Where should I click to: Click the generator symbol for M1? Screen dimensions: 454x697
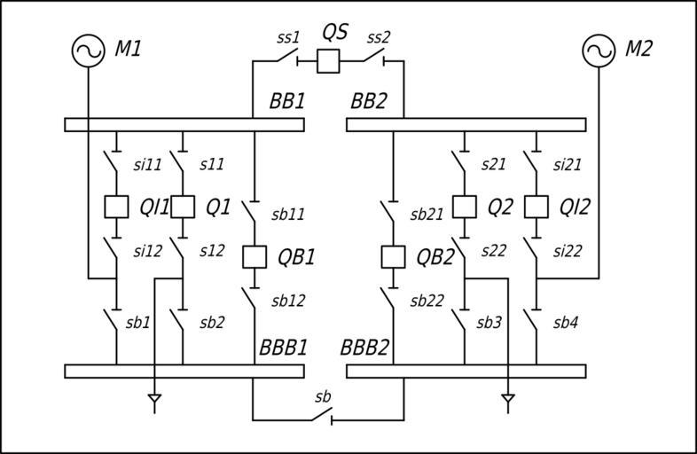(x=89, y=51)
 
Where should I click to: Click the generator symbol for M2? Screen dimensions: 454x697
(x=599, y=51)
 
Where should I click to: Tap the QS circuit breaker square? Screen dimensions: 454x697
(x=329, y=61)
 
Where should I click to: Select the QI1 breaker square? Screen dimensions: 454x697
(x=116, y=207)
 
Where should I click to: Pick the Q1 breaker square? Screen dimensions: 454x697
(x=183, y=207)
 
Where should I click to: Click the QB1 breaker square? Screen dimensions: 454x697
(x=255, y=256)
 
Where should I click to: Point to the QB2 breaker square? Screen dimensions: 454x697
(x=393, y=256)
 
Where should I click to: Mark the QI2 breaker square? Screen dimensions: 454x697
(x=536, y=207)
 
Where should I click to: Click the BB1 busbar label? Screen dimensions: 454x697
(x=286, y=101)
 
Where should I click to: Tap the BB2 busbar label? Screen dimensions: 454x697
(x=368, y=101)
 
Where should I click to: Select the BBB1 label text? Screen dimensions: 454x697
(x=283, y=347)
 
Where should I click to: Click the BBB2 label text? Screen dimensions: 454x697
(x=365, y=347)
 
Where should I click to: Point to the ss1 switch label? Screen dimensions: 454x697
(x=288, y=37)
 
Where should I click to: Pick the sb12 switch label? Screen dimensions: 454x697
(x=288, y=301)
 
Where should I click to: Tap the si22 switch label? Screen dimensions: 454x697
(x=568, y=251)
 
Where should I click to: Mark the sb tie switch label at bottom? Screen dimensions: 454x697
(x=323, y=396)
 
